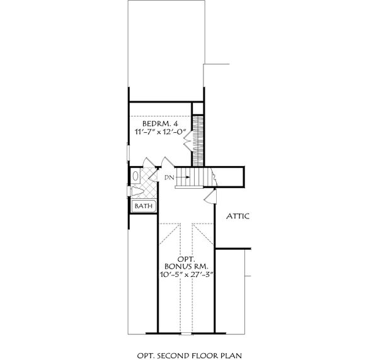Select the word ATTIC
(x=238, y=217)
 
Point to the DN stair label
(x=168, y=178)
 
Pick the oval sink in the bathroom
(x=137, y=176)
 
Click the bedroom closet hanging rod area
(x=199, y=139)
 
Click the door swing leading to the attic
(x=207, y=198)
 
